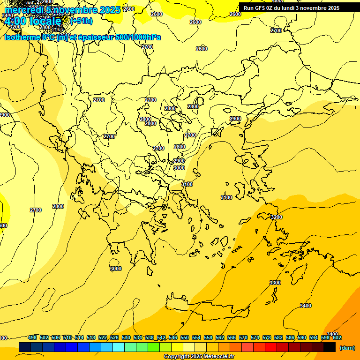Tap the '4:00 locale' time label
click(32, 21)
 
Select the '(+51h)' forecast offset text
click(81, 21)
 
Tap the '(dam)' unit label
click(347, 348)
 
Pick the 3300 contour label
click(275, 283)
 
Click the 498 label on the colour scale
click(32, 337)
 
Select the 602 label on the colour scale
click(337, 337)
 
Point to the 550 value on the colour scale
click(185, 337)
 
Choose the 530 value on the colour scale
click(126, 337)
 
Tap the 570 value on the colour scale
click(243, 337)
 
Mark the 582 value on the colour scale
click(278, 337)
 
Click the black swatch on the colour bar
click(330, 347)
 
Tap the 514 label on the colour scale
click(79, 337)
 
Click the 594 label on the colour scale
click(314, 337)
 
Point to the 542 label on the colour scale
click(161, 337)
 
